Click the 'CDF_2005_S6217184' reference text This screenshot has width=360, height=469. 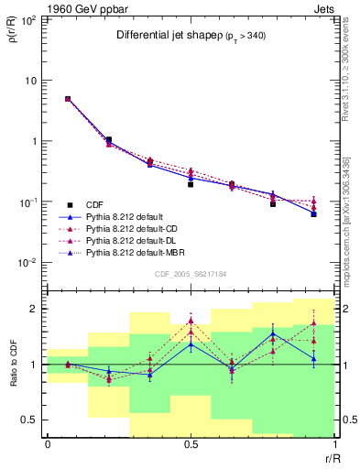pyautogui.click(x=190, y=274)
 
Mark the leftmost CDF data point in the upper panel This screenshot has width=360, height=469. pyautogui.click(x=68, y=99)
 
